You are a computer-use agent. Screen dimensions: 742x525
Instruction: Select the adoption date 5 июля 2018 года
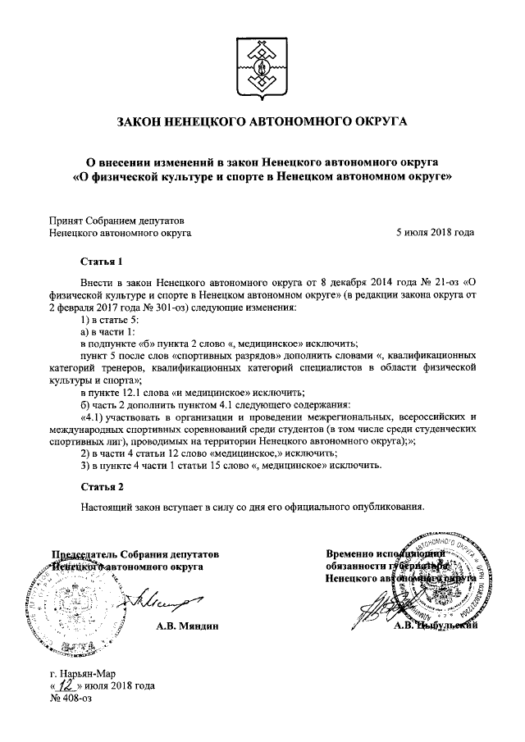point(435,233)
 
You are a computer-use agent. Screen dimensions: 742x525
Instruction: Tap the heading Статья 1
point(101,262)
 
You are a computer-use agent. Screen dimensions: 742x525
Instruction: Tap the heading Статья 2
point(101,487)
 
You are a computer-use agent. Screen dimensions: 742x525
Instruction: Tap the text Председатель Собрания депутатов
point(136,553)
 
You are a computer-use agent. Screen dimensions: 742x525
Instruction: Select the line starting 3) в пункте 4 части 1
point(231,466)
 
